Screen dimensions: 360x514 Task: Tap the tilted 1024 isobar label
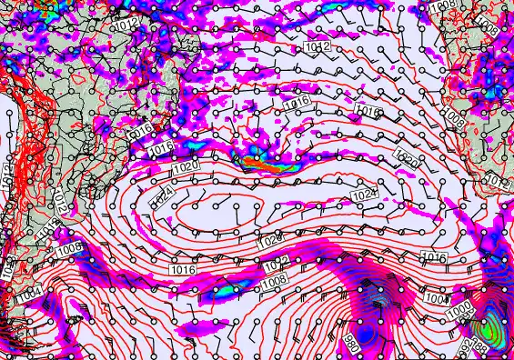(163, 196)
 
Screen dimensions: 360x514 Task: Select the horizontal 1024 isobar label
(363, 195)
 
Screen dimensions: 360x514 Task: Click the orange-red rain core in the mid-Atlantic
(267, 165)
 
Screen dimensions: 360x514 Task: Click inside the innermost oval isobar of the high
(223, 215)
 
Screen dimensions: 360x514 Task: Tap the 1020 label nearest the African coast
(408, 160)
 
